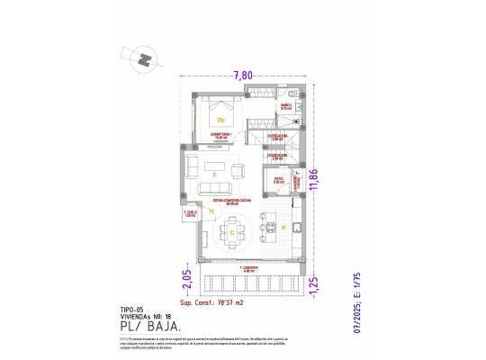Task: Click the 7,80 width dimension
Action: point(242,75)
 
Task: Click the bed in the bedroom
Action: point(221,116)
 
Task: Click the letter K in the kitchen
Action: point(283,229)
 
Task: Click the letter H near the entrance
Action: point(211,211)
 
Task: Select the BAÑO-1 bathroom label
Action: point(284,106)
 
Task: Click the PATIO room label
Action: point(279,181)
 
